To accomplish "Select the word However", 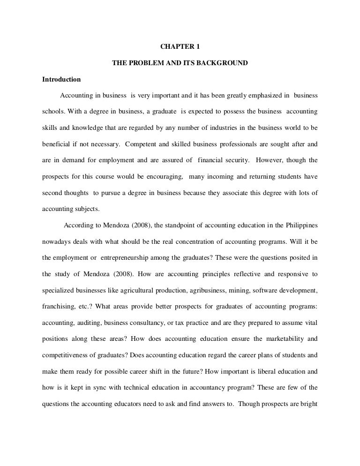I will coord(269,160).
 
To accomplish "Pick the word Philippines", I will coord(300,225).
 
